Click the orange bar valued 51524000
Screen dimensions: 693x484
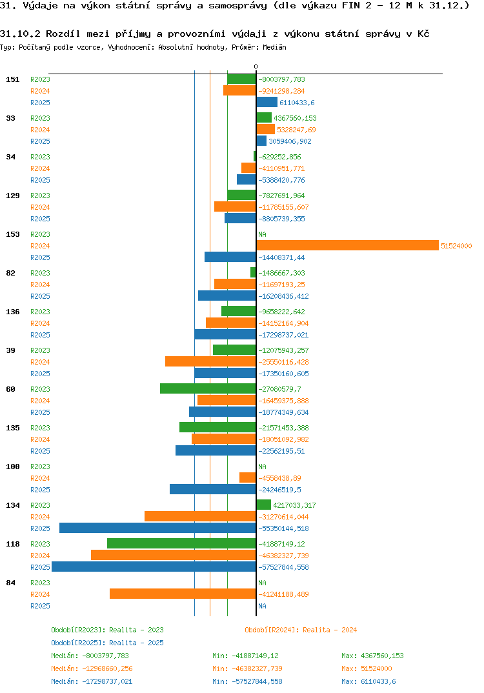tap(347, 245)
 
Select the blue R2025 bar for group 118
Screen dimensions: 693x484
tap(154, 567)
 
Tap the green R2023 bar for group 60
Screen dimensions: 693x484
tap(208, 388)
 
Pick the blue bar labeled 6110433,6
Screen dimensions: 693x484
tap(267, 102)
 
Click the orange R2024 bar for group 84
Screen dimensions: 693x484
tap(183, 594)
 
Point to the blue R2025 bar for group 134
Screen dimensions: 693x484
tap(157, 528)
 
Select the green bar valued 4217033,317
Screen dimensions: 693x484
tap(263, 505)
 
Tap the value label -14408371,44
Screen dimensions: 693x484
tap(281, 257)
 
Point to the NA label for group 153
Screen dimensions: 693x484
tap(262, 234)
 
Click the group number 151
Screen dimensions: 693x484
tap(12, 79)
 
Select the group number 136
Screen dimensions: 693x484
tap(12, 312)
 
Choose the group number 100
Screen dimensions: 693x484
tap(12, 467)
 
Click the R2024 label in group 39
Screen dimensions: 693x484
tap(40, 362)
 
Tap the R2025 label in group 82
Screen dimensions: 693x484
tap(40, 296)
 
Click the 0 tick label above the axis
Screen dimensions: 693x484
tap(256, 66)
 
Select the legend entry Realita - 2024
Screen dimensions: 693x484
tap(301, 630)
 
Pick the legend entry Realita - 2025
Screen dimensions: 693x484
tap(107, 643)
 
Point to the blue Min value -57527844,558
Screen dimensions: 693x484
tap(247, 681)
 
